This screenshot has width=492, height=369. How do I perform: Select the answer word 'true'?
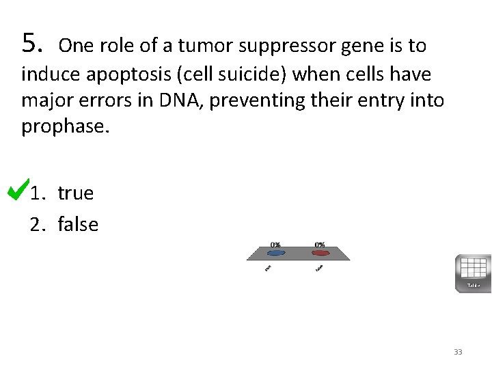(x=75, y=193)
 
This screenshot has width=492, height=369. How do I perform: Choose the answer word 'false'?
(x=78, y=224)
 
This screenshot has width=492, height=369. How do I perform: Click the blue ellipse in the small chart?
(x=275, y=253)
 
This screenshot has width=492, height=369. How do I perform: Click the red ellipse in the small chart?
(x=319, y=253)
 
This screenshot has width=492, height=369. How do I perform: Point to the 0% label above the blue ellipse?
(x=275, y=244)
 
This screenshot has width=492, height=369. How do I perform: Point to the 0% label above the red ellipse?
(x=319, y=244)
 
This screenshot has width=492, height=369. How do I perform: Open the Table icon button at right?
(x=473, y=273)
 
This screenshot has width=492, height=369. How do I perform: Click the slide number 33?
(x=458, y=352)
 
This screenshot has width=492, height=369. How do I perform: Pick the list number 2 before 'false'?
(x=36, y=224)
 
